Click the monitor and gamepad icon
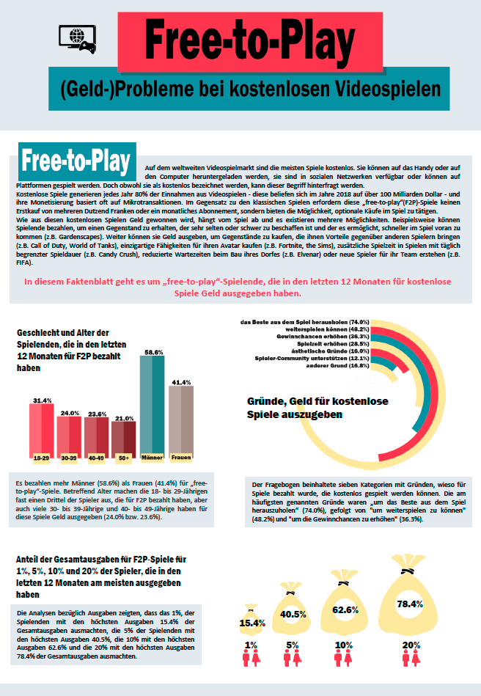[x=76, y=37]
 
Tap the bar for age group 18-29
[x=42, y=433]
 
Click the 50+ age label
[x=124, y=458]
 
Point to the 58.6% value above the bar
[x=153, y=351]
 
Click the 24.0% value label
[x=70, y=413]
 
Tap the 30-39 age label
[x=69, y=458]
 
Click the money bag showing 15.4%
[x=252, y=620]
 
